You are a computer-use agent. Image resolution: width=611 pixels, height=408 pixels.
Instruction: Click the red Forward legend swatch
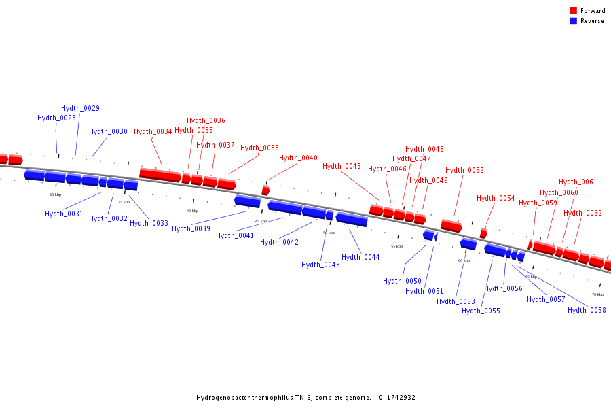(x=573, y=11)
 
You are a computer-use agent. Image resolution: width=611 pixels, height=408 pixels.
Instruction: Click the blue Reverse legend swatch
(x=573, y=21)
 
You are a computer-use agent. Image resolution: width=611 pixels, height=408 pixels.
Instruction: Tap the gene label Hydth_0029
(x=80, y=108)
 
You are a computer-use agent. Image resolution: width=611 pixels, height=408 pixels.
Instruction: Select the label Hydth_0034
(x=153, y=132)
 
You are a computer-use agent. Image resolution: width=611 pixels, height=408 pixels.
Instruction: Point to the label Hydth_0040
(x=298, y=158)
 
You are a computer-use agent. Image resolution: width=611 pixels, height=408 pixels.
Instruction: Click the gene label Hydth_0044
(x=360, y=257)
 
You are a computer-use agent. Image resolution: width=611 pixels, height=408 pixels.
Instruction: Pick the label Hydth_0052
(x=464, y=170)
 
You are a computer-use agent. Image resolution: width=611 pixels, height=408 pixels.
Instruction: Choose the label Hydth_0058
(x=587, y=310)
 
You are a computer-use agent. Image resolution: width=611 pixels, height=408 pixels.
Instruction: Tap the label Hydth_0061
(x=578, y=182)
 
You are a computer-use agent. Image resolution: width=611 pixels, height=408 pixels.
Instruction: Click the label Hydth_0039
(x=191, y=228)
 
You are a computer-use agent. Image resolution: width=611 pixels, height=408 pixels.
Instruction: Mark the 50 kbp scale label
(x=329, y=233)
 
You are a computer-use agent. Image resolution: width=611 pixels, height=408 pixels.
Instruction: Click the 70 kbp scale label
(x=597, y=294)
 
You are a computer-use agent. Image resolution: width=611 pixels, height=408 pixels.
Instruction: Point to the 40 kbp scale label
(x=193, y=211)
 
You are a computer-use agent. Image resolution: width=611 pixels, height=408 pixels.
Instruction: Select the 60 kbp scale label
(x=464, y=260)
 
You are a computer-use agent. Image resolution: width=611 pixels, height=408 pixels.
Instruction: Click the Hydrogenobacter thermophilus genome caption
(x=305, y=397)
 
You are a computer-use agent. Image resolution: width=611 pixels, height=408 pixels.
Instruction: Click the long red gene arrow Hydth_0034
(x=160, y=175)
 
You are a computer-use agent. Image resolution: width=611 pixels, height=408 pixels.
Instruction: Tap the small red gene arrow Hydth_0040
(x=265, y=190)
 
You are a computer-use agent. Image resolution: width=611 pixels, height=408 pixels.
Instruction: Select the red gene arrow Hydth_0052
(x=451, y=225)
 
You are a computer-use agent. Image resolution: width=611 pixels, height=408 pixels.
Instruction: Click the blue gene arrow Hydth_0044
(x=352, y=219)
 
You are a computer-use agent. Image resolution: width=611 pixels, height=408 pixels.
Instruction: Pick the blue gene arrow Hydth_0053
(x=468, y=244)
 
